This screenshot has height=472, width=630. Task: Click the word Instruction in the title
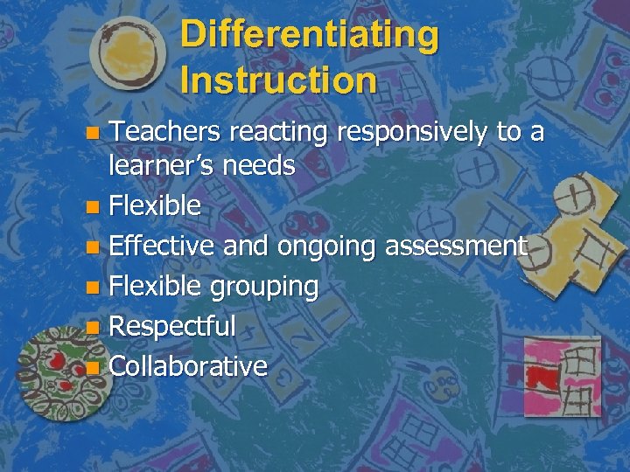pos(279,80)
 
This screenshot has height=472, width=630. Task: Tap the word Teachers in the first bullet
pos(164,133)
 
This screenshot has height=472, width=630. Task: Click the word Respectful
pos(172,327)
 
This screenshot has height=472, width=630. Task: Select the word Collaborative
pos(188,366)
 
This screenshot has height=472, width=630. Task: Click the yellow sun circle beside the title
pos(128,54)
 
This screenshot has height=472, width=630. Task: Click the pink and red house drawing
pos(561,376)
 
